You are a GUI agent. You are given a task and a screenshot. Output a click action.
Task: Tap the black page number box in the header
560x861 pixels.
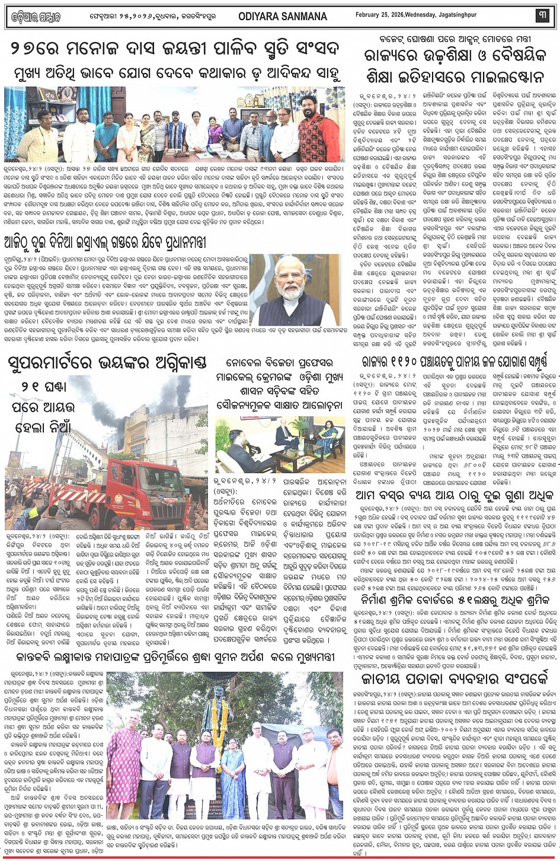click(542, 15)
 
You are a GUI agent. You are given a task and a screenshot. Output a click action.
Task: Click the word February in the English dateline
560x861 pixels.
click(369, 14)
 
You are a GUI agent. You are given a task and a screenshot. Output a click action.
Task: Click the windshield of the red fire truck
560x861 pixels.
click(159, 477)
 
